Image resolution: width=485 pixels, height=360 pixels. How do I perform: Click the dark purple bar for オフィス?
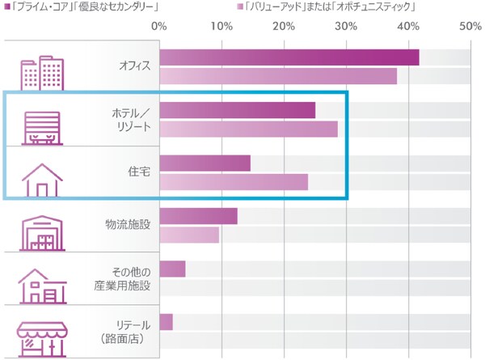pyautogui.click(x=289, y=57)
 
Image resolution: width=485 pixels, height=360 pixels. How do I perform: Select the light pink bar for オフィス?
pyautogui.click(x=278, y=76)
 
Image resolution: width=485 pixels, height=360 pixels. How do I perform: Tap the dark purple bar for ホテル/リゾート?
pyautogui.click(x=237, y=110)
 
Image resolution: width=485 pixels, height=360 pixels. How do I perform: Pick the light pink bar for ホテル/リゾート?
pyautogui.click(x=248, y=129)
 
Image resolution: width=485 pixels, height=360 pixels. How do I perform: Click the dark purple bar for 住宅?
pyautogui.click(x=205, y=163)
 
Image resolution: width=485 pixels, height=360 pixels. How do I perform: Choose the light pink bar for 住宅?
pyautogui.click(x=234, y=181)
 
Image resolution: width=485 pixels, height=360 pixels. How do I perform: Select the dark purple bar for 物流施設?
pyautogui.click(x=198, y=216)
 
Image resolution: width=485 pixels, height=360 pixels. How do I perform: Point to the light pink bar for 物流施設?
pyautogui.click(x=189, y=235)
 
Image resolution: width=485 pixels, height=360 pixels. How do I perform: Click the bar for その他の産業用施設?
pyautogui.click(x=172, y=269)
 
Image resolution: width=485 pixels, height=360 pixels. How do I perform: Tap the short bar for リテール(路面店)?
pyautogui.click(x=166, y=322)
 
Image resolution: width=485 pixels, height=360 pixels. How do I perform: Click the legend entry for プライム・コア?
pyautogui.click(x=81, y=7)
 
